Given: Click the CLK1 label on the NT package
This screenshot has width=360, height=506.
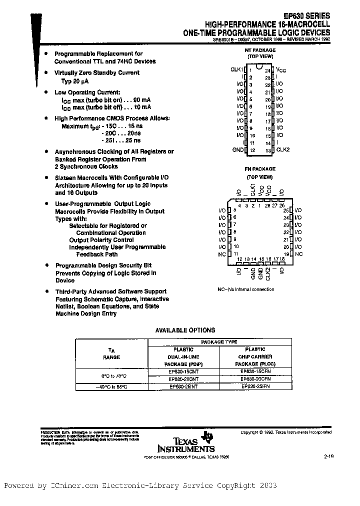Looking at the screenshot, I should pyautogui.click(x=236, y=69).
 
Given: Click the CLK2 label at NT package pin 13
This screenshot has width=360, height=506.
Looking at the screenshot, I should pyautogui.click(x=283, y=149).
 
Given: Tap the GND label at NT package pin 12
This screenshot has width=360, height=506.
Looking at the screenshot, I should pyautogui.click(x=237, y=149).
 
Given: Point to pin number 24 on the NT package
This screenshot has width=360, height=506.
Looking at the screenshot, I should pyautogui.click(x=267, y=70).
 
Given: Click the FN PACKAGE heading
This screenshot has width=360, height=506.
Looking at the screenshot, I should pyautogui.click(x=259, y=169).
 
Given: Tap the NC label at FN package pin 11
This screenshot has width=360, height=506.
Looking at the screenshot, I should pyautogui.click(x=222, y=254).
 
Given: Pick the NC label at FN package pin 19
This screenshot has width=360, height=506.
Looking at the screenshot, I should pyautogui.click(x=298, y=254).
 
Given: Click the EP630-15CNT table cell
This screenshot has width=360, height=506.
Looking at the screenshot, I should pyautogui.click(x=183, y=371).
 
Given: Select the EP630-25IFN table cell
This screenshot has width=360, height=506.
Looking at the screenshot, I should pyautogui.click(x=255, y=386).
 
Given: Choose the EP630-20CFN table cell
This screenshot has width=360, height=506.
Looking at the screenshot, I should pyautogui.click(x=255, y=379).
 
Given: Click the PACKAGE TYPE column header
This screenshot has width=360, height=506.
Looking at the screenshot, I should pyautogui.click(x=219, y=342).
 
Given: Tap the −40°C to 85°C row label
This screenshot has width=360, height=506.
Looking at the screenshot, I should pyautogui.click(x=111, y=386).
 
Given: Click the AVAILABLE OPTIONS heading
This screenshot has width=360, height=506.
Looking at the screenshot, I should pyautogui.click(x=185, y=330).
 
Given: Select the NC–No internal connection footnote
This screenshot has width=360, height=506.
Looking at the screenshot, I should pyautogui.click(x=246, y=289).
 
